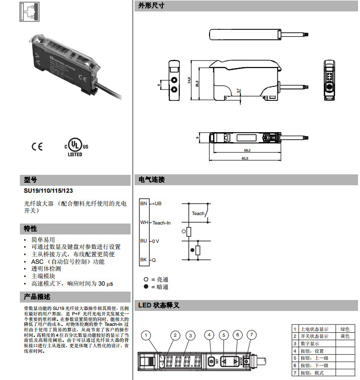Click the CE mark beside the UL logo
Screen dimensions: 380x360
pos(37,147)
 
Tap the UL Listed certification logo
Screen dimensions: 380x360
pos(75,147)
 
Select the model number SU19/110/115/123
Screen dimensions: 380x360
pos(50,191)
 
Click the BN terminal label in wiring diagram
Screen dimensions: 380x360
pos(144,204)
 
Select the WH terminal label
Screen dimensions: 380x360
pos(144,223)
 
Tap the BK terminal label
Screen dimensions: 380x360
pos(144,260)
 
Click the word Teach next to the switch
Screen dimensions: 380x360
pos(198,214)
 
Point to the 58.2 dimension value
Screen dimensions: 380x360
pos(247,150)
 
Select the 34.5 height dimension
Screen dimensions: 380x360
pos(189,80)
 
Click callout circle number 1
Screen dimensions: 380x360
pos(145,335)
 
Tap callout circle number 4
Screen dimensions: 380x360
pos(210,335)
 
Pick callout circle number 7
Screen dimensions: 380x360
pos(252,335)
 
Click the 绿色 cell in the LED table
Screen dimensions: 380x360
pos(344,329)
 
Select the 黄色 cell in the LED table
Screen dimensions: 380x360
pos(344,336)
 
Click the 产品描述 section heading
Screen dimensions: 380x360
pos(37,297)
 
